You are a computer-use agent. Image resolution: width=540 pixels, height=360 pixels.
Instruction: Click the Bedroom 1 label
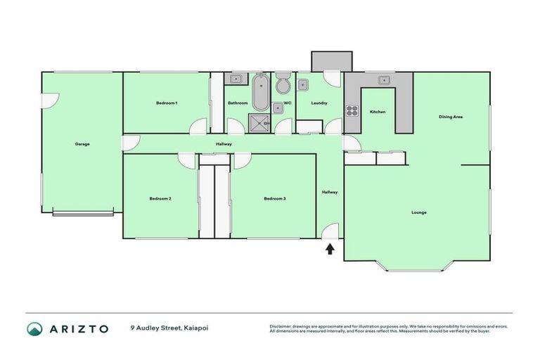coord(167,103)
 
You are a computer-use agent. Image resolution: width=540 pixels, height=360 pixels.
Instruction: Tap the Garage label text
coord(82,144)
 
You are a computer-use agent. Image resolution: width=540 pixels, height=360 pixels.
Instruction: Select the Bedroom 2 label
coord(160,199)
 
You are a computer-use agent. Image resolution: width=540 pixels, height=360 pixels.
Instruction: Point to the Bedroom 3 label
coord(274,199)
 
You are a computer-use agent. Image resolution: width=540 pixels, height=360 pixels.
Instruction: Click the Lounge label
coord(419,212)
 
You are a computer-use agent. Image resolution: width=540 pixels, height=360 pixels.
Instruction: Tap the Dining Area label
coord(451,117)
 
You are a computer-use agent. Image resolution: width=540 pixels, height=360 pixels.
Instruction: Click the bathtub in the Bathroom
coord(260,92)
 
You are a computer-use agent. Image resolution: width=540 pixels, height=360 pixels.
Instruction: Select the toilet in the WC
coord(283,84)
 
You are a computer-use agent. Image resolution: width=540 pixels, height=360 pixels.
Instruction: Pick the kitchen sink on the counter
coord(384,79)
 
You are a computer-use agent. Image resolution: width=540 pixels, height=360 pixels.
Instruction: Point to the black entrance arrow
coord(330,248)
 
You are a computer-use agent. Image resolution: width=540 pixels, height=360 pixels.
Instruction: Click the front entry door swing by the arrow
coord(331,231)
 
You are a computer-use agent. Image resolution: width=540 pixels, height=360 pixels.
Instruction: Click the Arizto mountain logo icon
coord(35,328)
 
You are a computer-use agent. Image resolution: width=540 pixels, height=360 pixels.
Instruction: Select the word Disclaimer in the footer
coord(281,326)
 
